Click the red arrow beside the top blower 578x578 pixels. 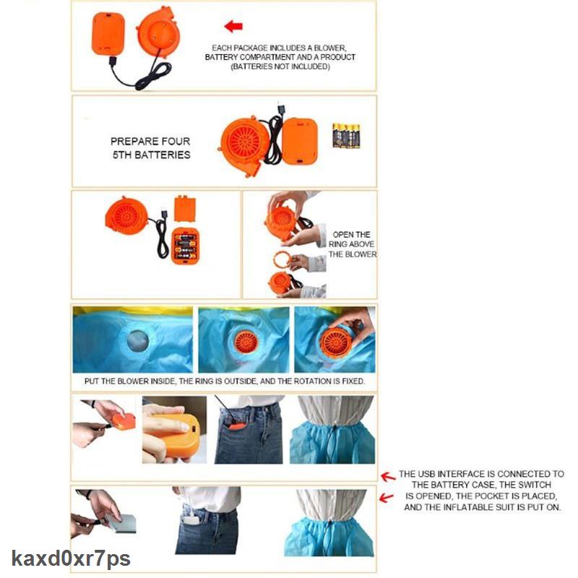tap(233, 27)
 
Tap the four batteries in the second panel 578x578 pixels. tap(346, 135)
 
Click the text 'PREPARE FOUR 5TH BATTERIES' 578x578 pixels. tap(150, 148)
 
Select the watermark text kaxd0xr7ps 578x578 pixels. tap(70, 558)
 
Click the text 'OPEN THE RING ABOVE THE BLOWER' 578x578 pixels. tap(353, 244)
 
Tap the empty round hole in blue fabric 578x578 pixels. tap(135, 341)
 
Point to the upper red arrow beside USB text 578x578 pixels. tap(387, 476)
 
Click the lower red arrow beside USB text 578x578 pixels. tap(387, 498)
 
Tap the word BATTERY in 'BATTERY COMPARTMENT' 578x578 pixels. tap(222, 57)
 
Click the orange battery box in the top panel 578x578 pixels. tap(109, 34)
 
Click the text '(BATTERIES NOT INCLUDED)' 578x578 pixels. tap(280, 66)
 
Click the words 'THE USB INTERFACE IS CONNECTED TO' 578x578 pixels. tap(481, 475)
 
